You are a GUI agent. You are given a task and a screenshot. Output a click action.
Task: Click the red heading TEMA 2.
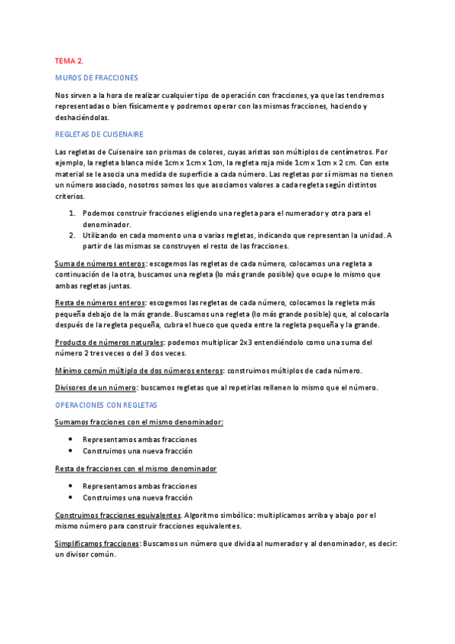pos(69,60)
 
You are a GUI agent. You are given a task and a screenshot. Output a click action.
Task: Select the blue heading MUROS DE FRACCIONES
pos(96,77)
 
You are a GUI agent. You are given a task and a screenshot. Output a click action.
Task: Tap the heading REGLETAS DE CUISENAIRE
pos(100,134)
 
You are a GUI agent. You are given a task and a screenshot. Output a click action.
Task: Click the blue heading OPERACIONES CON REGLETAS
pos(106,405)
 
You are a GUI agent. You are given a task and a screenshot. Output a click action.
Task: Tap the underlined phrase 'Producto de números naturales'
pos(109,342)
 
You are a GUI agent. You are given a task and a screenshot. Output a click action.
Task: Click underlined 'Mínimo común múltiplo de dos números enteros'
pos(139,371)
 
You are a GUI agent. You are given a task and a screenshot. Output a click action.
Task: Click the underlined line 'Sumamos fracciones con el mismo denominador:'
pos(139,421)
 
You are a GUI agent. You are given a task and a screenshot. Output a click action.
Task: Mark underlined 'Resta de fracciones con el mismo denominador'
pos(136,469)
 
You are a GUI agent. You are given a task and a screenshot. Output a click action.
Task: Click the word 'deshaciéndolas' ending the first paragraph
pos(82,118)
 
